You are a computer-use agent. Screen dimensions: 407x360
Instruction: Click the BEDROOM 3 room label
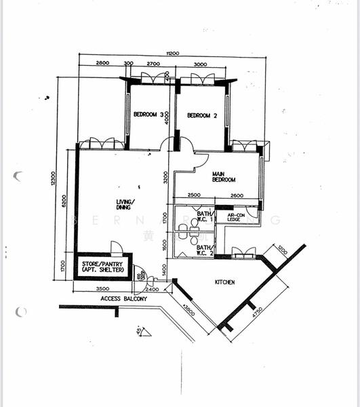pyautogui.click(x=147, y=115)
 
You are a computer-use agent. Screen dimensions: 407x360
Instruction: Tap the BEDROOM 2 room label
pyautogui.click(x=201, y=115)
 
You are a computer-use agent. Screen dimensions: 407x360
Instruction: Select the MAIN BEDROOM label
pyautogui.click(x=224, y=177)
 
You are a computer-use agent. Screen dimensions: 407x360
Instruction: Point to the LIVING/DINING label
pyautogui.click(x=125, y=204)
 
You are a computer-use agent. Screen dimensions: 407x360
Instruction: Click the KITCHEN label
pyautogui.click(x=224, y=282)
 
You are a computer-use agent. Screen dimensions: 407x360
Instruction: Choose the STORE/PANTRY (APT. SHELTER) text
pyautogui.click(x=103, y=267)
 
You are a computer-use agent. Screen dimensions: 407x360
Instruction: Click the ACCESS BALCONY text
pyautogui.click(x=124, y=298)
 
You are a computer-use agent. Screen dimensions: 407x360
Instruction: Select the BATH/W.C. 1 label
pyautogui.click(x=205, y=216)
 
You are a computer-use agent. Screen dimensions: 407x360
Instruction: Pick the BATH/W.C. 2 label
pyautogui.click(x=205, y=250)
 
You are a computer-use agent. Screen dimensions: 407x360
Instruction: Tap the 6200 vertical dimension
pyautogui.click(x=64, y=201)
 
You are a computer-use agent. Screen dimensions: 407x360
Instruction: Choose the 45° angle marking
pyautogui.click(x=139, y=331)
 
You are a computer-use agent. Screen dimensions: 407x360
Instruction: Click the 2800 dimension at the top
pyautogui.click(x=102, y=63)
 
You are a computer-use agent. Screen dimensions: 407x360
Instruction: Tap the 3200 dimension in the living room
pyautogui.click(x=165, y=178)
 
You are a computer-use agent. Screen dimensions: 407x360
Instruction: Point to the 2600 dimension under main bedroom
pyautogui.click(x=237, y=196)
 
